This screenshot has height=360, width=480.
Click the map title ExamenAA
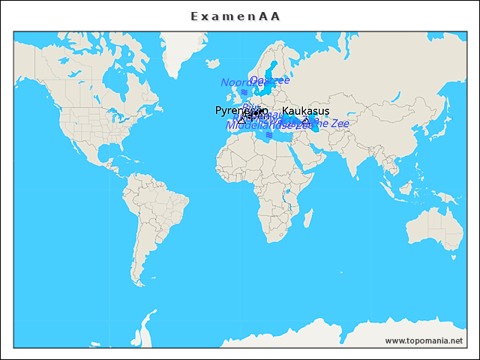point(235,16)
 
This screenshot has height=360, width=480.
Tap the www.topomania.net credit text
point(424,340)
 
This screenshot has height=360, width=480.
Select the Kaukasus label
point(305,111)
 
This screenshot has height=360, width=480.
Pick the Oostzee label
point(269,80)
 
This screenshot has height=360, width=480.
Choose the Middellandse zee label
point(269,125)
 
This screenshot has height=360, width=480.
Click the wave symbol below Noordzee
point(244,91)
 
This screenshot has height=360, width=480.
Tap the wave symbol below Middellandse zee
point(269,135)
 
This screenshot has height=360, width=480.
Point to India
point(352,154)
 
